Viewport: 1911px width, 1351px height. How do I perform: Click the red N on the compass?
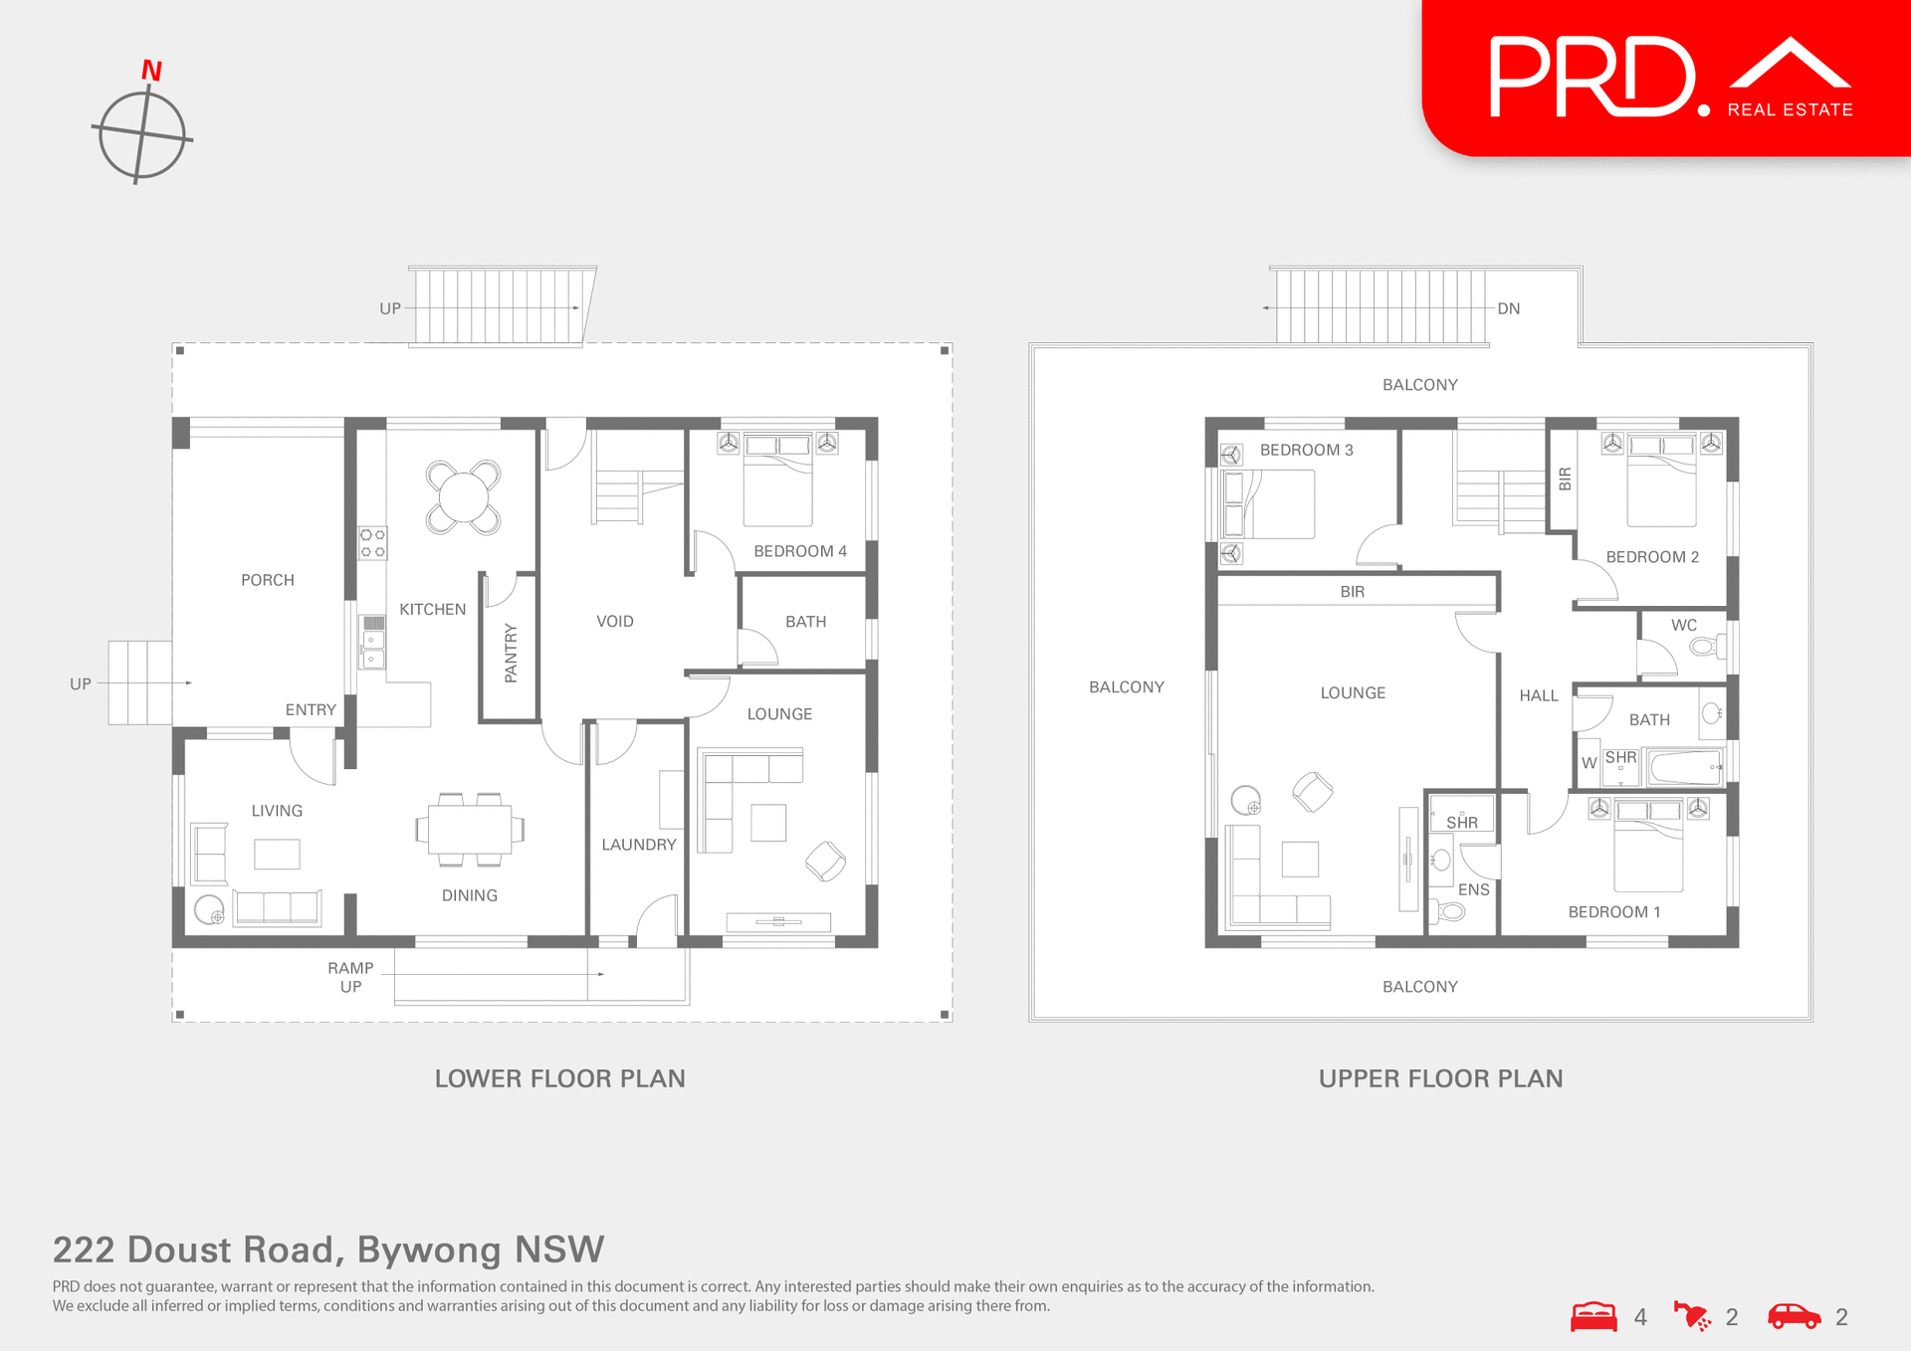[x=151, y=71]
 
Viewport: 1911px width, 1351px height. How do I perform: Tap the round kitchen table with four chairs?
[x=463, y=496]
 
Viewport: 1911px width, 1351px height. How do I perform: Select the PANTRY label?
[x=511, y=653]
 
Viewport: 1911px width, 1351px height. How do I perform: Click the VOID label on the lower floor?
[x=614, y=621]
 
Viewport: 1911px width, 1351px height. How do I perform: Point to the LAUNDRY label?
[x=638, y=844]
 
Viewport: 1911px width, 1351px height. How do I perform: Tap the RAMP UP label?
[x=350, y=976]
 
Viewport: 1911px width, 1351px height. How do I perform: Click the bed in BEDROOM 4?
[x=777, y=482]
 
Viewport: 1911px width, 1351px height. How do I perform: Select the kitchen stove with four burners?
[x=372, y=543]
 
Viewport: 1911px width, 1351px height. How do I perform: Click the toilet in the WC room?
[x=1703, y=647]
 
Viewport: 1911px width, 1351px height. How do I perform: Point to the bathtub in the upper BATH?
[x=1685, y=768]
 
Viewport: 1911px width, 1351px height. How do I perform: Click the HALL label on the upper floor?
[x=1538, y=695]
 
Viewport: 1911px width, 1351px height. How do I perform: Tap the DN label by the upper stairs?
[x=1508, y=308]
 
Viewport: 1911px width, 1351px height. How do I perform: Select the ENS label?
[x=1473, y=889]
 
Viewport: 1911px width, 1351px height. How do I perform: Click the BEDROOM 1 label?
[x=1613, y=911]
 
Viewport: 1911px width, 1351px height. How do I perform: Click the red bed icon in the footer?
[x=1593, y=1316]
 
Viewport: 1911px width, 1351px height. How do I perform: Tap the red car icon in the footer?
[x=1794, y=1316]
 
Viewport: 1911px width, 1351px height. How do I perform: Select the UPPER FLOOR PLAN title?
[x=1440, y=1078]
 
